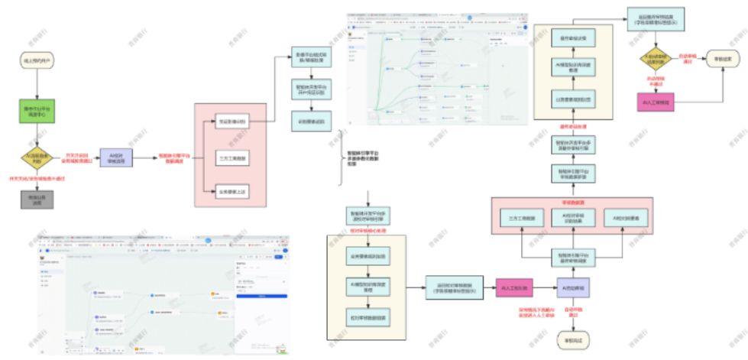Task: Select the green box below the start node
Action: pos(36,113)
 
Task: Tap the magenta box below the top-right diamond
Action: pos(656,102)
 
